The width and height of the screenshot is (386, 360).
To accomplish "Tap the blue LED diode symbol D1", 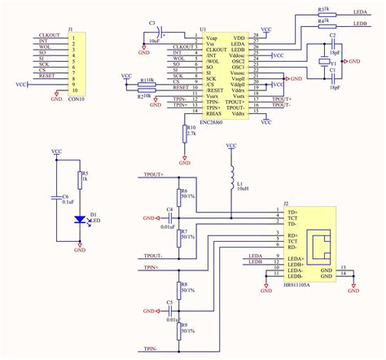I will pos(79,218).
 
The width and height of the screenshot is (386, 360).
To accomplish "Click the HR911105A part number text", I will pos(298,285).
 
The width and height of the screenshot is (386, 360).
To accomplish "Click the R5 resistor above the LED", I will pos(79,179).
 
